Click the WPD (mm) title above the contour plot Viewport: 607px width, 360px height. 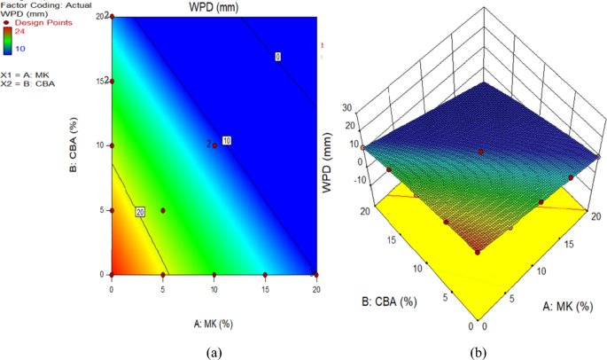coord(214,8)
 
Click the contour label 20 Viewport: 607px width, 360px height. coord(140,212)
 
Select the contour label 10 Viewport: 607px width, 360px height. coord(226,141)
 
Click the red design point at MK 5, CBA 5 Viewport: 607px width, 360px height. coord(163,210)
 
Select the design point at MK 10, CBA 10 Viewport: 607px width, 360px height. coord(214,145)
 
